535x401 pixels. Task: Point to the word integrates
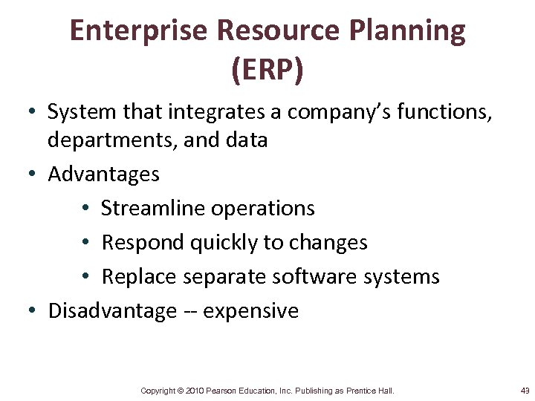220,112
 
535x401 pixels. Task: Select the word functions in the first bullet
450,112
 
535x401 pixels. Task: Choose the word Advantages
103,175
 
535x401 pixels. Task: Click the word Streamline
152,209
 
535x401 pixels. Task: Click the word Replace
140,277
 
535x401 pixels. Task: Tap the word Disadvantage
112,311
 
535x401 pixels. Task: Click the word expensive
250,311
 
